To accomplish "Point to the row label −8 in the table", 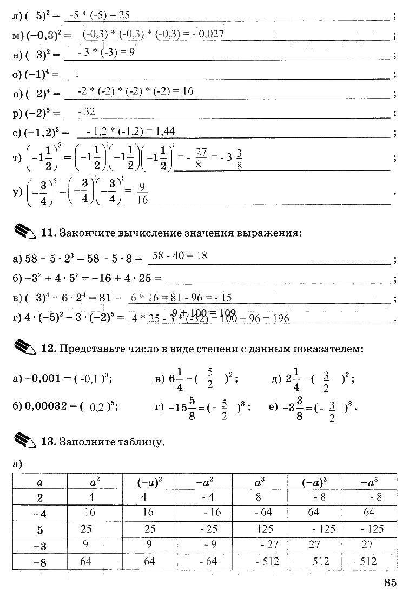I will (39, 562).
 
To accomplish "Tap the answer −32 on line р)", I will (87, 111).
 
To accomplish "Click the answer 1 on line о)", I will (77, 73).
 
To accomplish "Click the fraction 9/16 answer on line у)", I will (142, 193).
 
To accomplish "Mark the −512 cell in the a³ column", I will (266, 561).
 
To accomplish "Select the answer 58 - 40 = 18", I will (180, 255).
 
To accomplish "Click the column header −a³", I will (370, 480).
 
